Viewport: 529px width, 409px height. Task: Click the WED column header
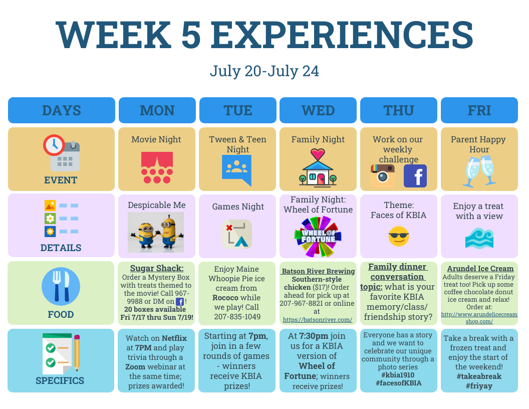[318, 110]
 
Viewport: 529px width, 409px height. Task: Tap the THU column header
[398, 110]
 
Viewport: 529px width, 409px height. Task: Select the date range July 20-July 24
[264, 71]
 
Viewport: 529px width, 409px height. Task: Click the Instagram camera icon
[383, 175]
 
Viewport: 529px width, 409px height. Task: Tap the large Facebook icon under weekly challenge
[415, 176]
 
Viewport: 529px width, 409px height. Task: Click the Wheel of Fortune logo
[318, 236]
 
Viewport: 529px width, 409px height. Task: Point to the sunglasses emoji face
[398, 236]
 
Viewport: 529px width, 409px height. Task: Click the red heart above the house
[318, 154]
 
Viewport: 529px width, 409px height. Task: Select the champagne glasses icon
[479, 171]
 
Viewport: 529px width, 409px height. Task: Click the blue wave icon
[479, 238]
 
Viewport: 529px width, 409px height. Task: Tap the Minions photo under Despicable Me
[156, 232]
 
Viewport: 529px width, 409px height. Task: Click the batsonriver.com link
[318, 320]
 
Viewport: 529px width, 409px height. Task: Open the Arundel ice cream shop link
[479, 318]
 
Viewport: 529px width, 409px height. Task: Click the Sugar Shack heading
[157, 268]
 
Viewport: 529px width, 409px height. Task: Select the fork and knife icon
[61, 287]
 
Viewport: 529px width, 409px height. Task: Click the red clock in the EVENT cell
[54, 145]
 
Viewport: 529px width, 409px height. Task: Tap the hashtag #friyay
[479, 386]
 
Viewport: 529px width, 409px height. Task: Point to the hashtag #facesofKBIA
[398, 383]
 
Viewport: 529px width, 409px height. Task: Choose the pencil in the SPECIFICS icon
[77, 353]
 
